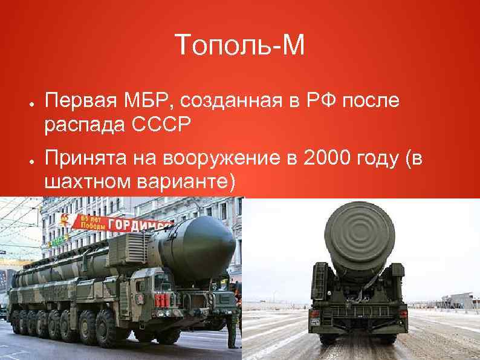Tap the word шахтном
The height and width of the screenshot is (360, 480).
tap(83, 182)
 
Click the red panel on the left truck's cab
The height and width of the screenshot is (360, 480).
tap(160, 299)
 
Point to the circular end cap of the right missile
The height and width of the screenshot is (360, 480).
tap(360, 232)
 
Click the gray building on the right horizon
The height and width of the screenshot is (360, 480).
tap(461, 299)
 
